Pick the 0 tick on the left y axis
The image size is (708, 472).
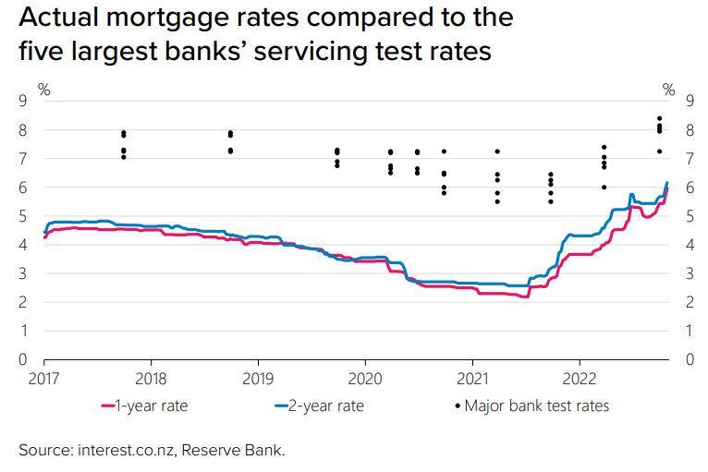pyautogui.click(x=24, y=359)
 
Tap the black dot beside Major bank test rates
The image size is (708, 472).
pyautogui.click(x=458, y=405)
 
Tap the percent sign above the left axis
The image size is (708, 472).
pyautogui.click(x=43, y=89)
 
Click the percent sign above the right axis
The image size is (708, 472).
pyautogui.click(x=669, y=89)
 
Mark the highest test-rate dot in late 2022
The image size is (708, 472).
pyautogui.click(x=659, y=118)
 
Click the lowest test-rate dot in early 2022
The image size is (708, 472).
pyautogui.click(x=604, y=188)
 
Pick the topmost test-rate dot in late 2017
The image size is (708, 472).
pyautogui.click(x=123, y=133)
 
